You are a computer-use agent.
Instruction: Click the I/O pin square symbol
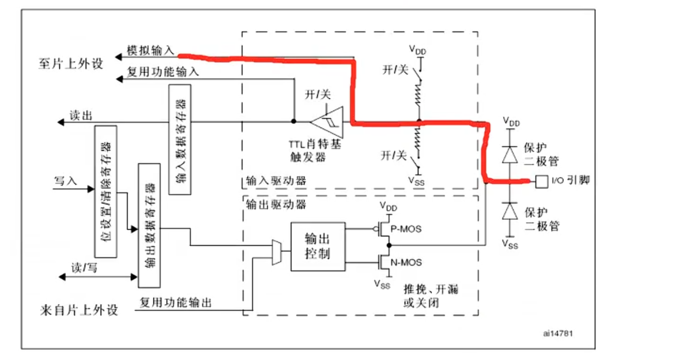[540, 180]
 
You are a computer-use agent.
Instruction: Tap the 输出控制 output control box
[318, 246]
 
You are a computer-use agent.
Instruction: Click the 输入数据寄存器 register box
[180, 140]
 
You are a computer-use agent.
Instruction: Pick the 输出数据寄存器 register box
[149, 225]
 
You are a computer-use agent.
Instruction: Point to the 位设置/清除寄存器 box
[106, 191]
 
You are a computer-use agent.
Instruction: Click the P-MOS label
[406, 229]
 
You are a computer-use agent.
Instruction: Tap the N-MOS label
[406, 263]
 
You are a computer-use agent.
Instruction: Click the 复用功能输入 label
[163, 71]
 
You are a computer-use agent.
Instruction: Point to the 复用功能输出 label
[176, 302]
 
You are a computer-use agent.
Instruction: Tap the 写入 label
[65, 181]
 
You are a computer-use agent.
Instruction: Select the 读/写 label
[82, 268]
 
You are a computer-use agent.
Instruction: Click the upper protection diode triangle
[511, 154]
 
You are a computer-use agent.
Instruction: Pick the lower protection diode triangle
[511, 211]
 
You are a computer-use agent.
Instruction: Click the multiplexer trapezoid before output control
[277, 252]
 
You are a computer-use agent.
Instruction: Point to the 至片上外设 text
[70, 63]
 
